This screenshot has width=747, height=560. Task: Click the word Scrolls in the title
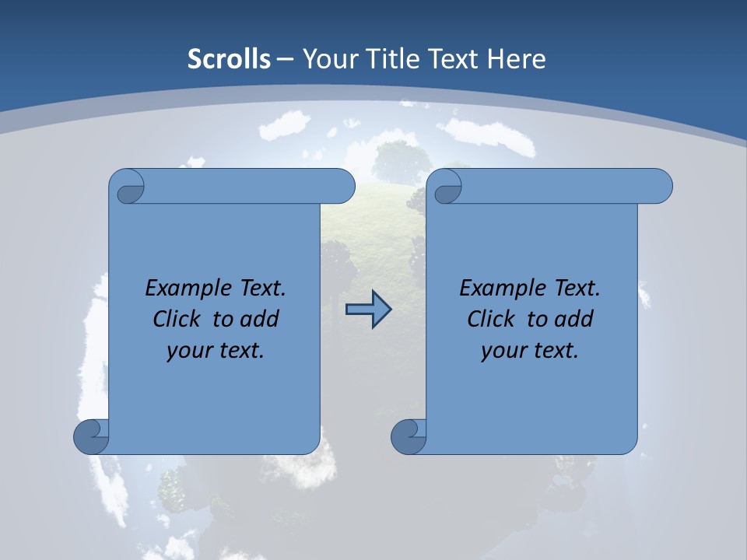click(229, 59)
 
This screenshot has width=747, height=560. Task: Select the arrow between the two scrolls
click(368, 310)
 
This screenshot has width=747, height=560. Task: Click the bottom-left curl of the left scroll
click(90, 436)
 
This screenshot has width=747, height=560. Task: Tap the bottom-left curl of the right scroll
click(408, 436)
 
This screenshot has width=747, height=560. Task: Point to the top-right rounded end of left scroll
click(342, 186)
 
